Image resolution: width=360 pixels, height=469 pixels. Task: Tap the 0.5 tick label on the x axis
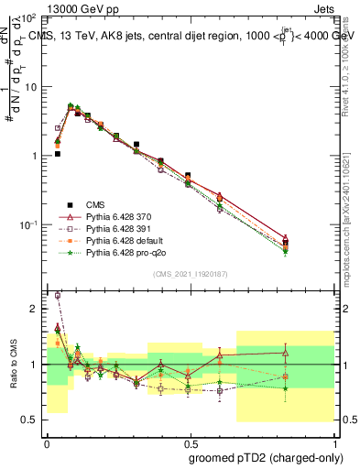click(x=189, y=441)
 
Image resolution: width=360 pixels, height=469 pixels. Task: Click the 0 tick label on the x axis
click(x=47, y=441)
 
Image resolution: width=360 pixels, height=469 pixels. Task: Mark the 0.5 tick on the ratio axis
click(x=34, y=420)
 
